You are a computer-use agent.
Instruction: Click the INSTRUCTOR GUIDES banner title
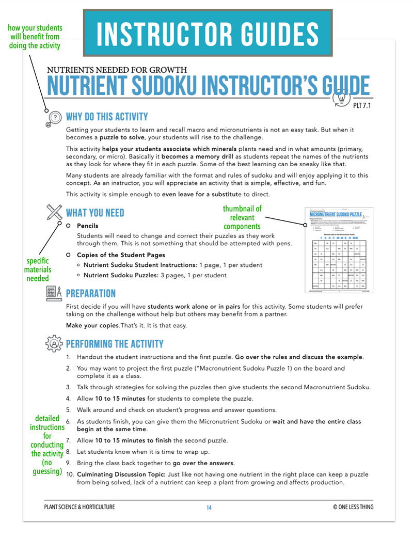208,33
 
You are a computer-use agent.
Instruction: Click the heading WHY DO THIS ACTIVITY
107,117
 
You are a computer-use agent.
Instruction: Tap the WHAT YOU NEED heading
95,213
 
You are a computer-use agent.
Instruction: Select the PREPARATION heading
91,293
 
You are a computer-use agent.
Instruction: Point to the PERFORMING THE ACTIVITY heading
115,344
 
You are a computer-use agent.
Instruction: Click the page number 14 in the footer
209,508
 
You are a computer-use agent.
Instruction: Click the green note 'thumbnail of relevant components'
242,217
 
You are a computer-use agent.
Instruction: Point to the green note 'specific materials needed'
38,270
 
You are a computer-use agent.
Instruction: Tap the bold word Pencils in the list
87,226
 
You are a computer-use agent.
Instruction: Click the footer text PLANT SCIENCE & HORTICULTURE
80,508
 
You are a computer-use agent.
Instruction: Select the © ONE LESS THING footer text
353,508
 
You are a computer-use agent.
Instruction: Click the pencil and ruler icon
54,212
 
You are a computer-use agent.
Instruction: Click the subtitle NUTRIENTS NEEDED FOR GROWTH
117,70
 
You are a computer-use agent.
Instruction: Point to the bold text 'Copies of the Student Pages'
121,255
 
